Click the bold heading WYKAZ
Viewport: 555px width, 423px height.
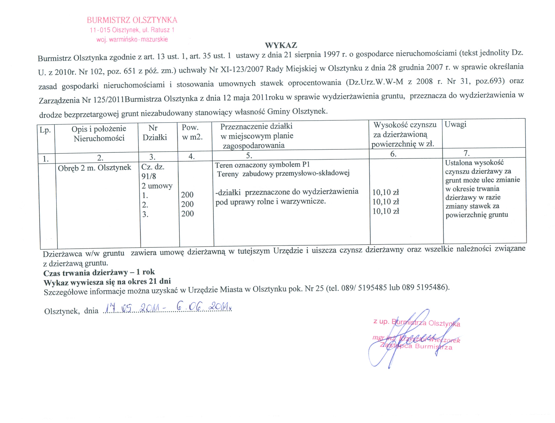pyautogui.click(x=281, y=45)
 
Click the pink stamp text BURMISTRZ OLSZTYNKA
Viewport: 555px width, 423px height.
pyautogui.click(x=132, y=20)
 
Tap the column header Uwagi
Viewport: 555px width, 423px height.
pyautogui.click(x=455, y=125)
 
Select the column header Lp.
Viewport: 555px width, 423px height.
pyautogui.click(x=45, y=130)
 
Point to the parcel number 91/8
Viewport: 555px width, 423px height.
pyautogui.click(x=149, y=176)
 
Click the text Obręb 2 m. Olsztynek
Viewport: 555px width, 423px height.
pyautogui.click(x=95, y=168)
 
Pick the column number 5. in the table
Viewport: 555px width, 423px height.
pyautogui.click(x=249, y=155)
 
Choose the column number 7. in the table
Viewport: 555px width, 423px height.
pyautogui.click(x=466, y=153)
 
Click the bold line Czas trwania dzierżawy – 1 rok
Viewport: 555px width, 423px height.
pyautogui.click(x=99, y=273)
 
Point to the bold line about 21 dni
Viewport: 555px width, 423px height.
pyautogui.click(x=107, y=282)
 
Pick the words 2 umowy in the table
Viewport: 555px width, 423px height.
pyautogui.click(x=157, y=186)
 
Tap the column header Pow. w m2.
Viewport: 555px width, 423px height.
pyautogui.click(x=192, y=132)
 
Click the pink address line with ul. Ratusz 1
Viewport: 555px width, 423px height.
pyautogui.click(x=132, y=30)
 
